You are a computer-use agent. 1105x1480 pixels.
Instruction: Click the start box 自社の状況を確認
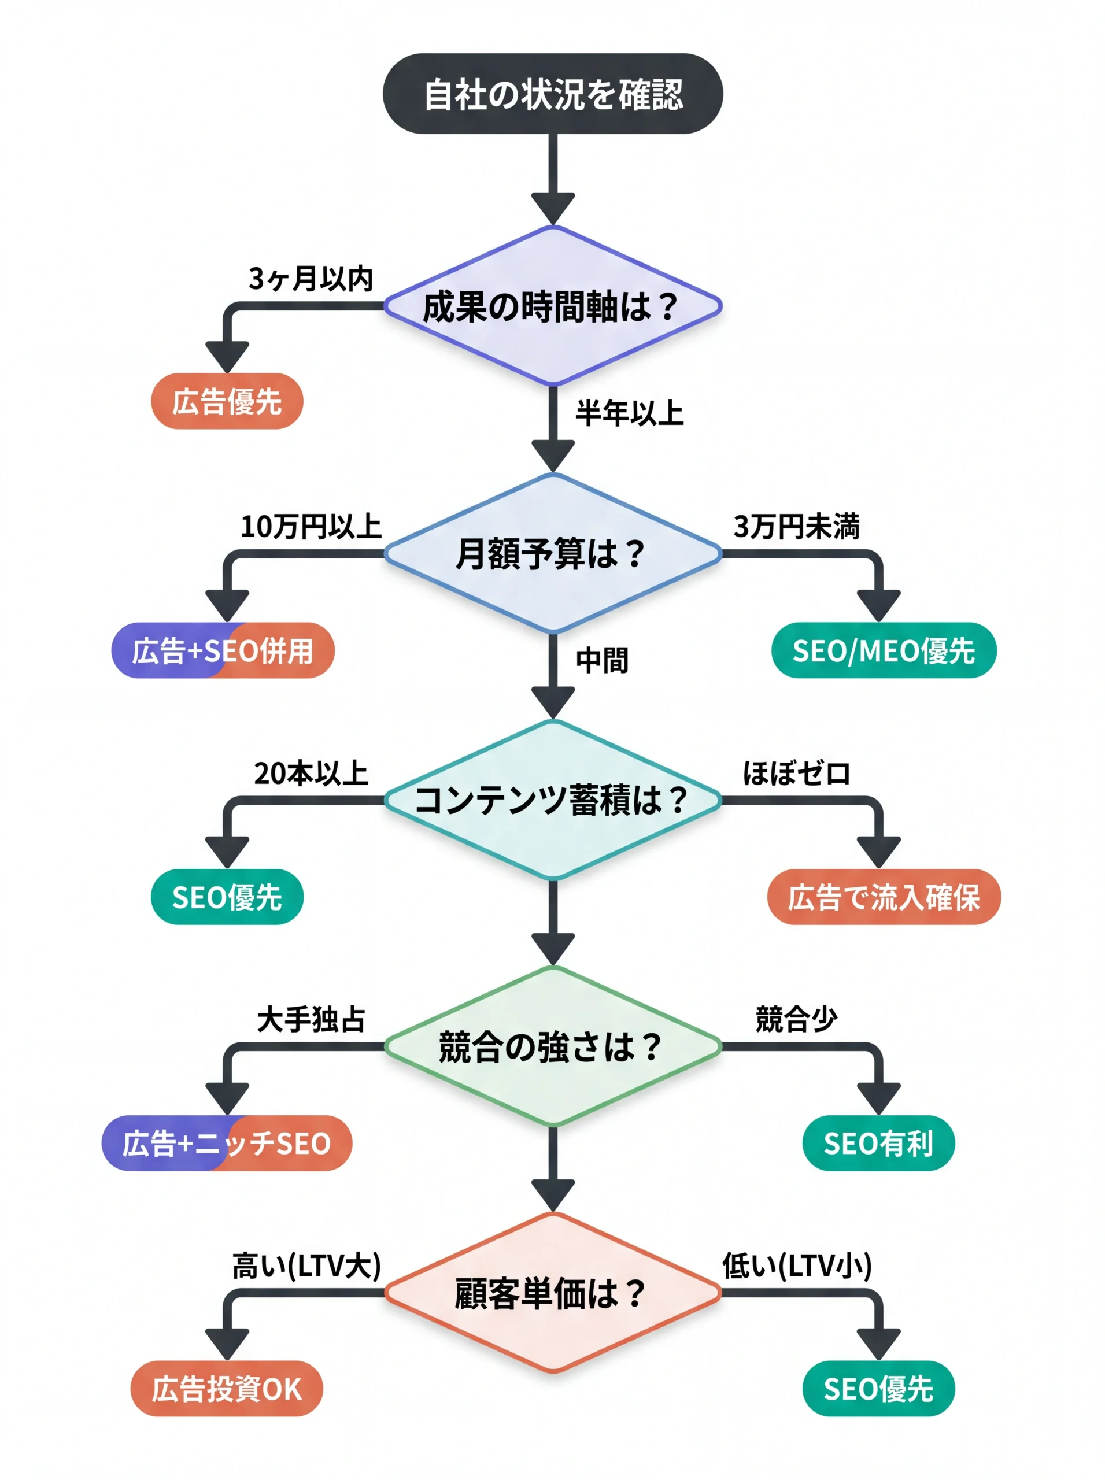[553, 94]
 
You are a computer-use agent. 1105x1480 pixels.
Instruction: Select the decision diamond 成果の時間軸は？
[553, 306]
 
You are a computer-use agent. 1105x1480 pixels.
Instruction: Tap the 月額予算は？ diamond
[553, 553]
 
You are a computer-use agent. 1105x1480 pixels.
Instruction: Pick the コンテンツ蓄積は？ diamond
[553, 800]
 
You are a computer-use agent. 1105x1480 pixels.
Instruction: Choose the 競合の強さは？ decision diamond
[553, 1046]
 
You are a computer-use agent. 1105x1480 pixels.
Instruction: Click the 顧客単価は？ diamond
[553, 1293]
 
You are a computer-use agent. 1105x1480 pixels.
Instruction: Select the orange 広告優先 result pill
[227, 401]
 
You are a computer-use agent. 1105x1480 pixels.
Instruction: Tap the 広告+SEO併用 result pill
[223, 650]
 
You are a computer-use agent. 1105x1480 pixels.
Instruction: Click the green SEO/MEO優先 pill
[884, 650]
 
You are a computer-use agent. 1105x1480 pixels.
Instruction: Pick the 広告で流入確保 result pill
[884, 897]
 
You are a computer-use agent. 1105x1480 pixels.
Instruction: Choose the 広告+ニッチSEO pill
[227, 1143]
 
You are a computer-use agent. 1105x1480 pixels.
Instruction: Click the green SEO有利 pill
[878, 1143]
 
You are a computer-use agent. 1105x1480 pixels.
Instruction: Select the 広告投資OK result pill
[227, 1389]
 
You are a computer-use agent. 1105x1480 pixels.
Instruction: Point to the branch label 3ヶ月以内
[311, 278]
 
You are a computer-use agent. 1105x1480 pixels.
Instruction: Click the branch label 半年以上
[629, 413]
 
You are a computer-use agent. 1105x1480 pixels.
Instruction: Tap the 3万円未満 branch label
[796, 526]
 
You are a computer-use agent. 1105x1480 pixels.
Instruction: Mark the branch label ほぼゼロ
[796, 773]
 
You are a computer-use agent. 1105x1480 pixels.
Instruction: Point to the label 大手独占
[311, 1019]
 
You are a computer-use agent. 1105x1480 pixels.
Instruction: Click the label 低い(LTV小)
[797, 1266]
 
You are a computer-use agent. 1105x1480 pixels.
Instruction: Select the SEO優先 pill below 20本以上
[227, 897]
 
